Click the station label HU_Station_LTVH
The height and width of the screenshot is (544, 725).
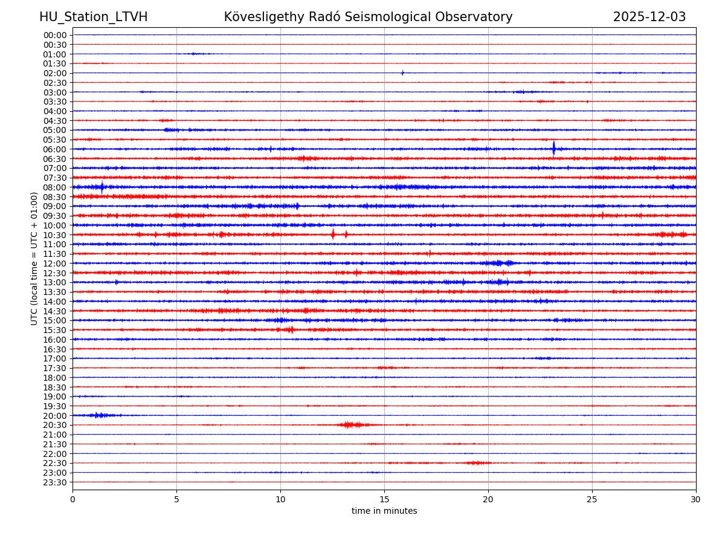click(93, 17)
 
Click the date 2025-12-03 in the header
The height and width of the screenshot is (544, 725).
click(649, 17)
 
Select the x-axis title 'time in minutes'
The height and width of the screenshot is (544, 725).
click(384, 511)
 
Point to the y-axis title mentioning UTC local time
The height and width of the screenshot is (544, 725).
click(34, 258)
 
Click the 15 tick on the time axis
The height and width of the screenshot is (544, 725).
click(384, 500)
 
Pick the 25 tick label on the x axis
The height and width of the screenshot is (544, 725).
click(592, 500)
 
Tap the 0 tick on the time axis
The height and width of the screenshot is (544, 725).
click(72, 500)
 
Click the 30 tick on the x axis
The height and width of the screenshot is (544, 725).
click(696, 500)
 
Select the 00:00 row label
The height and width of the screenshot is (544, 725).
click(55, 35)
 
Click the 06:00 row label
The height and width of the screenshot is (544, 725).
click(55, 149)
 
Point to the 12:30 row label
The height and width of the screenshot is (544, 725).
click(55, 273)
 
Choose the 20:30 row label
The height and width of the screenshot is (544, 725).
click(55, 425)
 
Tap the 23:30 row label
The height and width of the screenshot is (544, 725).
click(55, 482)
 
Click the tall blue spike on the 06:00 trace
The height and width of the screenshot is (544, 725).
click(553, 148)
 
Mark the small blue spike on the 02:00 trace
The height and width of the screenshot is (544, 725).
click(402, 73)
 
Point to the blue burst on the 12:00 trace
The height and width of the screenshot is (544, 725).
click(499, 263)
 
